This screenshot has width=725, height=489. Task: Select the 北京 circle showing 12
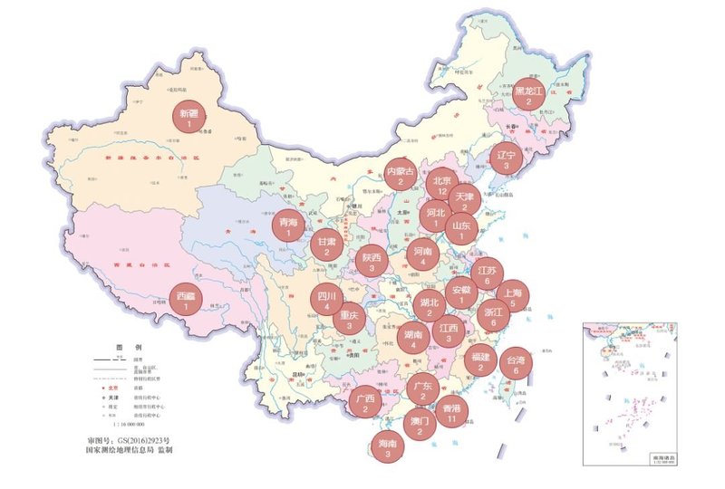(441, 186)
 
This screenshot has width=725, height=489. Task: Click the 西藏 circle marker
(186, 301)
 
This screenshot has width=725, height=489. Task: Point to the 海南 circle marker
(388, 448)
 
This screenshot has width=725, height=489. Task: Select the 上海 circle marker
(512, 298)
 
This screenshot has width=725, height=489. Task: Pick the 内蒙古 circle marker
(400, 176)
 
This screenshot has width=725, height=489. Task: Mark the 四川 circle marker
(326, 301)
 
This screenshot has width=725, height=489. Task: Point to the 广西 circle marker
(365, 403)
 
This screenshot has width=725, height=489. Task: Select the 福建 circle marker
(480, 361)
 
